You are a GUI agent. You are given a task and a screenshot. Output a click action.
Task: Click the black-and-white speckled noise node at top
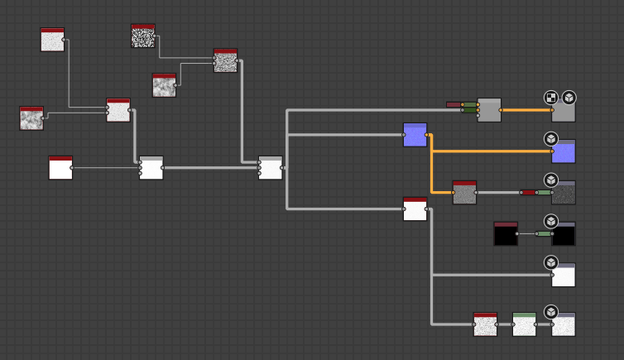pos(143,36)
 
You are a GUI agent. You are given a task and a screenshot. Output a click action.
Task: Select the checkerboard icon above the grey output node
pos(551,98)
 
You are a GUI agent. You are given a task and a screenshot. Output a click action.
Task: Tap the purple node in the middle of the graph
pos(415,135)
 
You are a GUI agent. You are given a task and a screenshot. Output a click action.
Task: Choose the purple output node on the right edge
pos(564,152)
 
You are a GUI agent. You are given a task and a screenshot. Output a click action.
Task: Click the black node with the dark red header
pos(506,234)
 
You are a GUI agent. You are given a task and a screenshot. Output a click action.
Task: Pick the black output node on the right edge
pos(564,235)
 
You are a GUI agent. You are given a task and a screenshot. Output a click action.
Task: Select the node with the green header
pos(524,324)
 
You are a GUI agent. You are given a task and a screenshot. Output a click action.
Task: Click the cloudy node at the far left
pos(31,118)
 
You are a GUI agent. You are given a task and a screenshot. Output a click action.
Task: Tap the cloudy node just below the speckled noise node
pos(164,85)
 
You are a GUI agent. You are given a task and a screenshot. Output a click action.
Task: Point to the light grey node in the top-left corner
pos(52,40)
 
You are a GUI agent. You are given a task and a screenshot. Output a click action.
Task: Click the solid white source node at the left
pos(60,168)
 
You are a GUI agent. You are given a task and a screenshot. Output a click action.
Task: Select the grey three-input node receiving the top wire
pos(489,110)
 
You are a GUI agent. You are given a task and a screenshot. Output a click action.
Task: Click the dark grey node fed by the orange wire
pos(464,193)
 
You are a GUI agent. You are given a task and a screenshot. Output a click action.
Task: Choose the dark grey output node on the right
pos(564,194)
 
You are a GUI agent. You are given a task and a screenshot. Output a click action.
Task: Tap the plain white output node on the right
pos(564,276)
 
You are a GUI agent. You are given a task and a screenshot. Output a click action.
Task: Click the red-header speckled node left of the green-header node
pos(485,324)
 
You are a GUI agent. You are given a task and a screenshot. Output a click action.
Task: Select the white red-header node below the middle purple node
pos(415,209)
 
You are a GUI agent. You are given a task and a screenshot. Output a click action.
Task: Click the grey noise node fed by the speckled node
pos(225,60)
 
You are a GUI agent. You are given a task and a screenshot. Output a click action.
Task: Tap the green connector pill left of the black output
pos(543,233)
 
